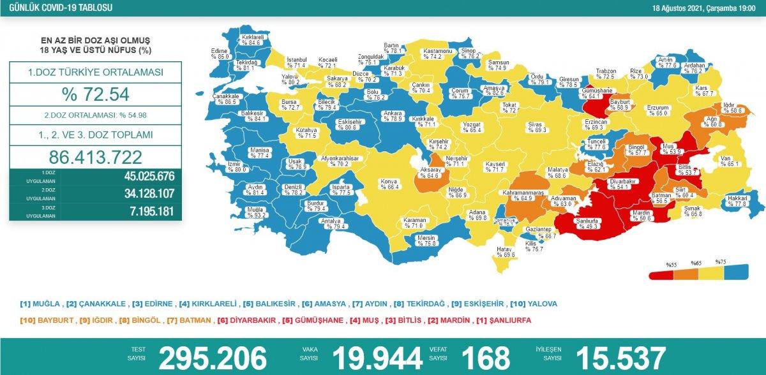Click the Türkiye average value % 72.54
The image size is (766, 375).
click(95, 95)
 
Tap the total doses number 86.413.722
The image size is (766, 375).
click(95, 157)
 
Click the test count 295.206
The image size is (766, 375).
click(212, 358)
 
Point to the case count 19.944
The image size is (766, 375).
click(376, 358)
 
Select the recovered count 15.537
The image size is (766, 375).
click(620, 358)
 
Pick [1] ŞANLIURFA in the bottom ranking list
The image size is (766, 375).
click(504, 319)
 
